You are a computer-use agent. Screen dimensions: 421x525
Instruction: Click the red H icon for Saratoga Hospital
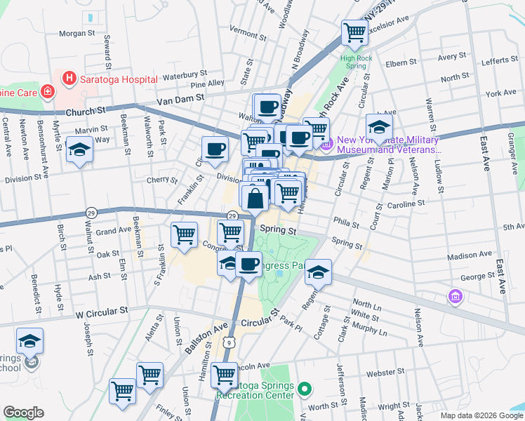point(69,79)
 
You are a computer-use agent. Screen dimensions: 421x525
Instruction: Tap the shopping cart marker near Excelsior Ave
point(354,32)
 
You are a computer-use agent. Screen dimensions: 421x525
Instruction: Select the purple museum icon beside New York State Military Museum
point(326,145)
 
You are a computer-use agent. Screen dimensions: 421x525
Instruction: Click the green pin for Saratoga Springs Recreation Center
point(304,388)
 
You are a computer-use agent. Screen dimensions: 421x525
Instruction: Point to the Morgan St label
point(77,33)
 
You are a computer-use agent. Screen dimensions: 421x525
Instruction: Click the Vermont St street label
point(244,32)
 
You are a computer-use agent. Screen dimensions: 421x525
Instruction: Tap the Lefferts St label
point(500,62)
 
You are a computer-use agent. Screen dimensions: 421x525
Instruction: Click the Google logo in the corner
point(23,412)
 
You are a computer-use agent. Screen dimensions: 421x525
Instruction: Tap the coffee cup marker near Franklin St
point(215,149)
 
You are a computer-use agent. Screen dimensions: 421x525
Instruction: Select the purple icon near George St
point(455,297)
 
